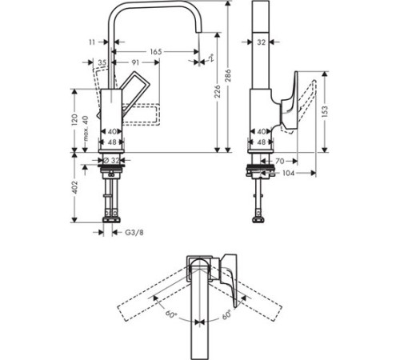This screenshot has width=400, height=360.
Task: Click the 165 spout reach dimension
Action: [156, 51]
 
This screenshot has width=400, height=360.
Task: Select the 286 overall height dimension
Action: [230, 75]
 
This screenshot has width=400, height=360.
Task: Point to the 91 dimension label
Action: [136, 62]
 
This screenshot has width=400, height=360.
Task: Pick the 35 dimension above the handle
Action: [102, 62]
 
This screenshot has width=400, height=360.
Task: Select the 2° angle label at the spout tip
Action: [210, 58]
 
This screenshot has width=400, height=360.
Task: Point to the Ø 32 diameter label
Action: [112, 159]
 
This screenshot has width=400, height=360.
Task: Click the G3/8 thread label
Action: [134, 233]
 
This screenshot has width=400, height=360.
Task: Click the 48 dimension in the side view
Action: [261, 142]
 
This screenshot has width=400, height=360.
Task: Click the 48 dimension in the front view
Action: [113, 142]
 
